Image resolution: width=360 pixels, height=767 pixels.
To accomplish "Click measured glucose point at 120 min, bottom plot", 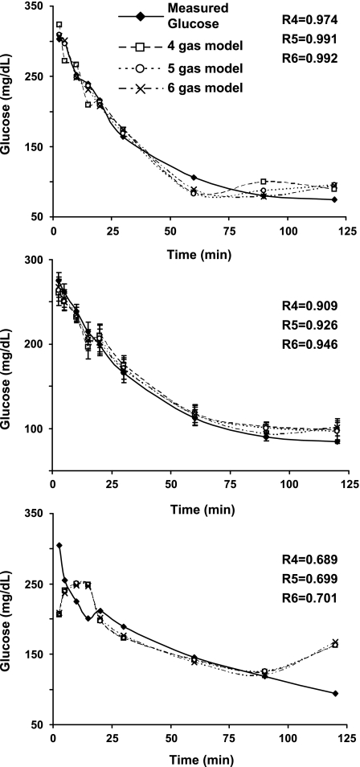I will pyautogui.click(x=334, y=693).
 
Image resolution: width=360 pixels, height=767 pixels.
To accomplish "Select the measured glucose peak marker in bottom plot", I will pyautogui.click(x=59, y=546).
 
